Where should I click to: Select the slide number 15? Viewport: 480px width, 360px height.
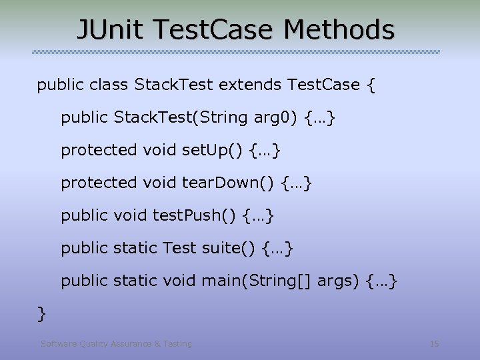pos(435,344)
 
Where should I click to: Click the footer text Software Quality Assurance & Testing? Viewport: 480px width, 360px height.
pos(116,344)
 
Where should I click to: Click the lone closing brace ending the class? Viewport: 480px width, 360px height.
pos(41,311)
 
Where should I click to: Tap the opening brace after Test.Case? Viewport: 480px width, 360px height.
pos(371,85)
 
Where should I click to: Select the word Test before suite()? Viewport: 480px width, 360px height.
pos(179,248)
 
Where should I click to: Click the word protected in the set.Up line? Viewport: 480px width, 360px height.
pos(98,150)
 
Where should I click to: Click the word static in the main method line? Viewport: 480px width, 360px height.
pos(135,281)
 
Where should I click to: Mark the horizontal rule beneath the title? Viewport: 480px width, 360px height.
pos(237,52)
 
